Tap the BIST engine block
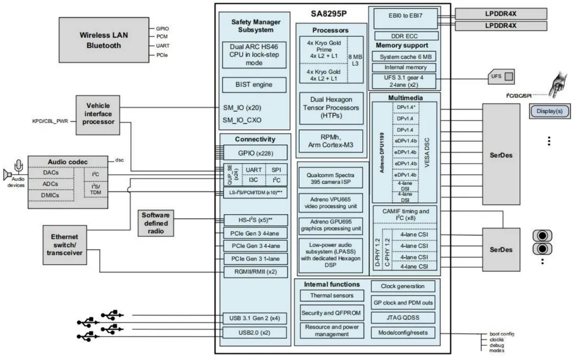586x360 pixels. pos(254,85)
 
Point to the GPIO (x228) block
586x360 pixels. pos(254,153)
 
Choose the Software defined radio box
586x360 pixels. pos(156,223)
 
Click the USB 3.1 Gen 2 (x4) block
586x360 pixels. pos(254,318)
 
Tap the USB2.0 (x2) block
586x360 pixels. pos(254,332)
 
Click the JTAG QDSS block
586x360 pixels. pos(404,317)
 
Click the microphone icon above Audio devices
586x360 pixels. pos(20,165)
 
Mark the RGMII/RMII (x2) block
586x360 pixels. pos(254,271)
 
